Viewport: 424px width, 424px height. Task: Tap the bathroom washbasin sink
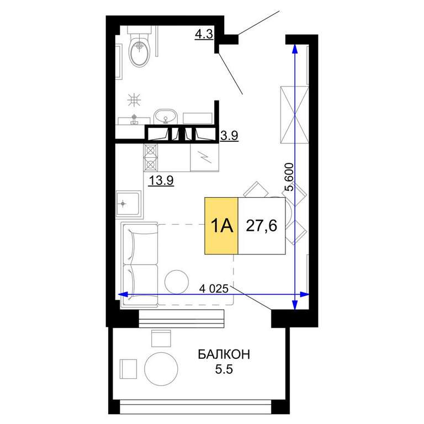pyautogui.click(x=165, y=117)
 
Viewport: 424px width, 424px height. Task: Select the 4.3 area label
pyautogui.click(x=204, y=34)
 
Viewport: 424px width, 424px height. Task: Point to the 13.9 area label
pyautogui.click(x=161, y=181)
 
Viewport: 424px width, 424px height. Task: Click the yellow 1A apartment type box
pyautogui.click(x=221, y=226)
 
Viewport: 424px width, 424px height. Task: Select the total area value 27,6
pyautogui.click(x=262, y=226)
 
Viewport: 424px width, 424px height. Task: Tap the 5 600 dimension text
pyautogui.click(x=289, y=177)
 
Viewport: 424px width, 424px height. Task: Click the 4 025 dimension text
pyautogui.click(x=214, y=289)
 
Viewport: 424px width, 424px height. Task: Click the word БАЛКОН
pyautogui.click(x=224, y=354)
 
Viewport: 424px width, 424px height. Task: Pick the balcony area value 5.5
pyautogui.click(x=224, y=369)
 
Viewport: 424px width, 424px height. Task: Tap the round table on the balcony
pyautogui.click(x=161, y=369)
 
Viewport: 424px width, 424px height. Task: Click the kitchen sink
pyautogui.click(x=129, y=203)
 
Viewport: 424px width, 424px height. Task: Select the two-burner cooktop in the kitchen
pyautogui.click(x=151, y=158)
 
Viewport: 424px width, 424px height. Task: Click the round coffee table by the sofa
pyautogui.click(x=177, y=282)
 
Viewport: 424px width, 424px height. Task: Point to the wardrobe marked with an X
pyautogui.click(x=294, y=115)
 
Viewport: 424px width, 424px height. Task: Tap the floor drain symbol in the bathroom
pyautogui.click(x=134, y=100)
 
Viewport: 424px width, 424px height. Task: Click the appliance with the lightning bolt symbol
pyautogui.click(x=204, y=158)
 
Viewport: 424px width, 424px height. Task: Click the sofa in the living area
pyautogui.click(x=140, y=265)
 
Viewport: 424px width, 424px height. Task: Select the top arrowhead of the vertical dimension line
pyautogui.click(x=295, y=49)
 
